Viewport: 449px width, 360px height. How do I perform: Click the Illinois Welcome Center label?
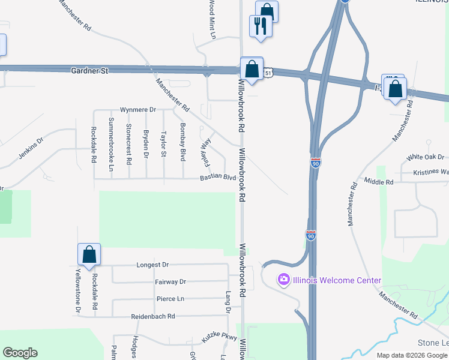pos(336,280)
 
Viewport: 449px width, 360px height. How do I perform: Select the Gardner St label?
pos(89,71)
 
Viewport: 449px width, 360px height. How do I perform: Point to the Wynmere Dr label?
pos(138,110)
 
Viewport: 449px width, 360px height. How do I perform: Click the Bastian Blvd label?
pos(218,178)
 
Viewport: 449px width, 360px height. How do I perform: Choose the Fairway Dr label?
pos(170,281)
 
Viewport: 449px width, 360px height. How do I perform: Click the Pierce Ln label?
pos(170,299)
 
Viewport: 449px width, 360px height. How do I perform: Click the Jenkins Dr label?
pos(31,148)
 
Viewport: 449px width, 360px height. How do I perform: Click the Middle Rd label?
pos(379,181)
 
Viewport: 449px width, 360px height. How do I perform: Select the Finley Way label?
pos(206,152)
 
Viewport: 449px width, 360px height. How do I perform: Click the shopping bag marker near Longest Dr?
pos(89,254)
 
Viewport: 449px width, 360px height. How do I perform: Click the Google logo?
pos(20,353)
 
